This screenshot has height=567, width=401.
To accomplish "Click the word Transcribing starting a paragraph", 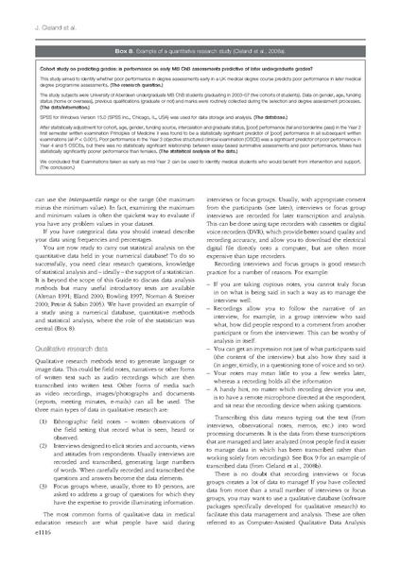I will (x=240, y=440).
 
